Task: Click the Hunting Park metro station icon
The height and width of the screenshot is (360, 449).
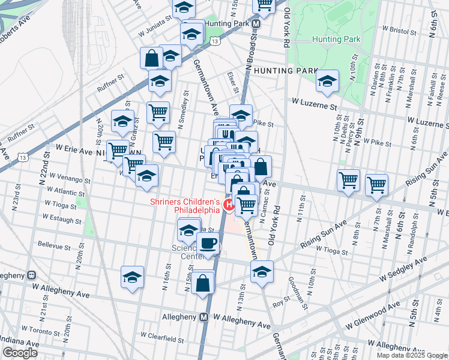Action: coord(256,24)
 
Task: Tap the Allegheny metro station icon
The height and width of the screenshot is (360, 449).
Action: coord(203,316)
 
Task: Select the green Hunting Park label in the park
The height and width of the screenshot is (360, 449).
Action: coord(336,39)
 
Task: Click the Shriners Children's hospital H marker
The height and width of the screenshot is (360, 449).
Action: coord(229,205)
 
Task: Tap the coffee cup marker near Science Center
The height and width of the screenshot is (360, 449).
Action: coord(208,244)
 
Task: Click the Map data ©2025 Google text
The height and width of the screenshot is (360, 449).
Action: coord(412,355)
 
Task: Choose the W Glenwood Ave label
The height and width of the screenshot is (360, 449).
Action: coord(372,317)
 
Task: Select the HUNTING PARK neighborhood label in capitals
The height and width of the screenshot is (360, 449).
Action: coord(285,70)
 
